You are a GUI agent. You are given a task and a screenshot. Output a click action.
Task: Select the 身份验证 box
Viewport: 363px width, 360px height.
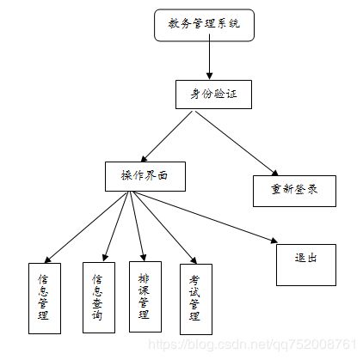[x=212, y=94]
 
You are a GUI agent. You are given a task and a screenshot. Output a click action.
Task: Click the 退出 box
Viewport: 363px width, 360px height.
[x=305, y=265]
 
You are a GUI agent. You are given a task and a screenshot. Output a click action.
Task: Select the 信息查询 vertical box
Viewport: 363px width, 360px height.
[x=97, y=296]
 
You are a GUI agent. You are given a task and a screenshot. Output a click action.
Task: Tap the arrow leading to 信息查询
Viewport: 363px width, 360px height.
[x=116, y=224]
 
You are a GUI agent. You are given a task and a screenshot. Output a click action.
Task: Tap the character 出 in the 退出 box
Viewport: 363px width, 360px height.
[x=313, y=258]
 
